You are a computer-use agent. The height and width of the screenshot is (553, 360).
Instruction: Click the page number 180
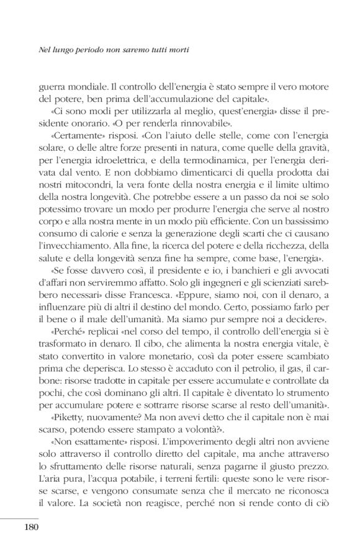coord(30,528)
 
